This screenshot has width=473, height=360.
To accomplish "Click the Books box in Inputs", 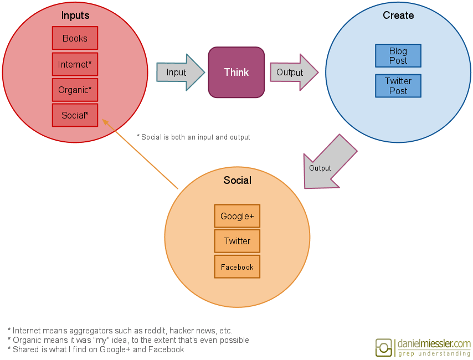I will point(75,38).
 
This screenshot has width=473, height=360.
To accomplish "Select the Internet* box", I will point(75,64).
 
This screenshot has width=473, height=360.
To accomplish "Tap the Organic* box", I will point(75,90).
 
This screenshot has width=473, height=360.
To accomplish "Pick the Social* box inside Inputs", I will point(75,115).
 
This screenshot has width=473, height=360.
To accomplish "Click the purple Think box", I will point(236,73).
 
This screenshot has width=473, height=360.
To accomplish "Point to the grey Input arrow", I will point(179,73).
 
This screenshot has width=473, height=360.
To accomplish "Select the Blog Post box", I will point(398,56).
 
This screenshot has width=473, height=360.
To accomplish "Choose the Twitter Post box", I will point(398,86).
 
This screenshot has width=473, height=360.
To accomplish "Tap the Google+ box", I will point(237,216).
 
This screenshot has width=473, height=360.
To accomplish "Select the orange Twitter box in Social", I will point(237,241).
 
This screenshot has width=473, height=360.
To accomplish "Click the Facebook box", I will point(237,267).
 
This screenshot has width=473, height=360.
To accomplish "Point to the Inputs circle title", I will point(75,16).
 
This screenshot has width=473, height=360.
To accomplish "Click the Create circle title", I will point(398,16).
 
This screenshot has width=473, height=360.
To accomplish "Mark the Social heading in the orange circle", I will point(237,180).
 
